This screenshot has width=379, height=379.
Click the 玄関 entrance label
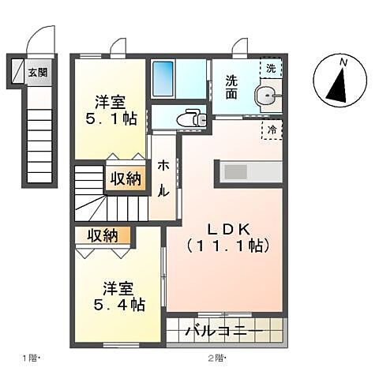37,73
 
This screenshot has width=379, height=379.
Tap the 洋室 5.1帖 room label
111,111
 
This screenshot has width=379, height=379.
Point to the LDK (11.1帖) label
227,237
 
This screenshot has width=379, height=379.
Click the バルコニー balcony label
225,330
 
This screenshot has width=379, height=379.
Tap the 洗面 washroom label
231,86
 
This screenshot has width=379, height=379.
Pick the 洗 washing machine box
272,69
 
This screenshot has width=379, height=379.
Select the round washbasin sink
267,98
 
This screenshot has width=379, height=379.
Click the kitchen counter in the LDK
248,171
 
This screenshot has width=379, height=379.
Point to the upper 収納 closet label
126,178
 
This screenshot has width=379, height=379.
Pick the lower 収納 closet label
103,235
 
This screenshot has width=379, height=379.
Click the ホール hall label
163,178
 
